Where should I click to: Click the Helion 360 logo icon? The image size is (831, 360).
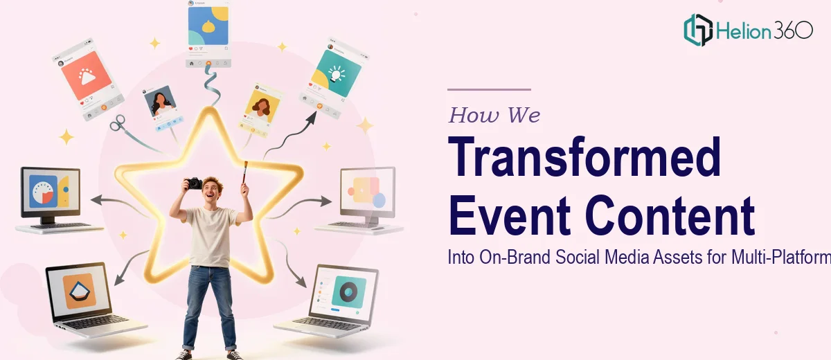[698, 30]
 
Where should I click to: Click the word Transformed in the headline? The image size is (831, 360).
[584, 157]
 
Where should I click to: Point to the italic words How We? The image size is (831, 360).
[494, 115]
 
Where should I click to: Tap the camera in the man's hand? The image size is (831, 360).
[194, 183]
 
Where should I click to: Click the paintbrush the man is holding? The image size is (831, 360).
[245, 172]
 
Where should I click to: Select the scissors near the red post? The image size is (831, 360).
[118, 123]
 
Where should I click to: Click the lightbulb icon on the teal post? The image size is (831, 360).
[337, 73]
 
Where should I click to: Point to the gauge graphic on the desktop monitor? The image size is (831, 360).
[43, 194]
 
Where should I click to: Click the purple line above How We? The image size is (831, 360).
[489, 89]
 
